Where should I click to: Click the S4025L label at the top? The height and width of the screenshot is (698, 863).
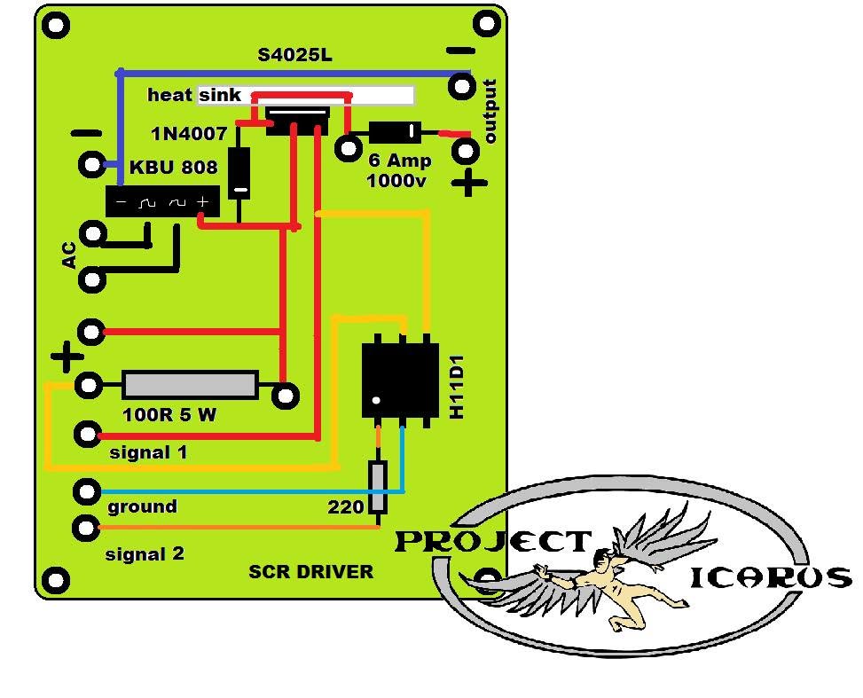(295, 55)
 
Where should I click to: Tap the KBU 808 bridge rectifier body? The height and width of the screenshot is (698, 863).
(163, 201)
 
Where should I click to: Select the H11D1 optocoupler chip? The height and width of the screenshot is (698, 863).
(400, 380)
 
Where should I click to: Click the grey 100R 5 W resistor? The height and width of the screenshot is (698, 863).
(190, 384)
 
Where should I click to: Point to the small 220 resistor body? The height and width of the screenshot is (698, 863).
(378, 488)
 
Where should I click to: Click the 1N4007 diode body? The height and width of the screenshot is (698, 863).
(239, 172)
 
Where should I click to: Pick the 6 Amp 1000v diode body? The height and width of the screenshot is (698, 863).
(396, 132)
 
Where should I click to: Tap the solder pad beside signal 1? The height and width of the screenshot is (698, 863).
(88, 435)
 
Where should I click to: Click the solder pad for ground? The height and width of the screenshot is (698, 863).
(87, 491)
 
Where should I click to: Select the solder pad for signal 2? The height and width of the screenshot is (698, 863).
(86, 528)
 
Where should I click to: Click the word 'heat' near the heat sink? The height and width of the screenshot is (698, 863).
(169, 95)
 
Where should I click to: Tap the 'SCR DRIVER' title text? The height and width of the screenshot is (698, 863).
(311, 572)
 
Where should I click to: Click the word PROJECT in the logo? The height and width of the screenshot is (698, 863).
(493, 542)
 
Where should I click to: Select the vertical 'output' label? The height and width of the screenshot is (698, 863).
(490, 111)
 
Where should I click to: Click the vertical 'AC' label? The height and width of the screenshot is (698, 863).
(69, 255)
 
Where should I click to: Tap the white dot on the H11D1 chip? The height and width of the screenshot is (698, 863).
(376, 400)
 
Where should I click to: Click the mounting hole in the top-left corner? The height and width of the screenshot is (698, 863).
(57, 26)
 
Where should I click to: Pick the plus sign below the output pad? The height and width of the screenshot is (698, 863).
(469, 182)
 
